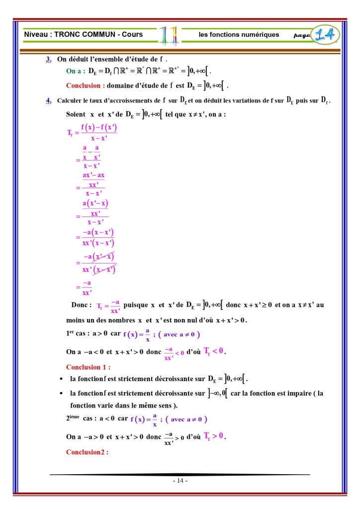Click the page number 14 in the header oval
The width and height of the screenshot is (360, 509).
tap(326, 35)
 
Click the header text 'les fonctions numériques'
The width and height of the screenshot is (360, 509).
tap(239, 35)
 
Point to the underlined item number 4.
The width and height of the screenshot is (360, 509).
tap(49, 101)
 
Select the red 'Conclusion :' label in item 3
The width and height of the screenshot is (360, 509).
tap(86, 86)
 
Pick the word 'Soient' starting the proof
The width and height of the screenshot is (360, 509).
tap(76, 114)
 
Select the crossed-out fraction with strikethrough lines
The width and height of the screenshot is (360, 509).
tap(98, 263)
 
